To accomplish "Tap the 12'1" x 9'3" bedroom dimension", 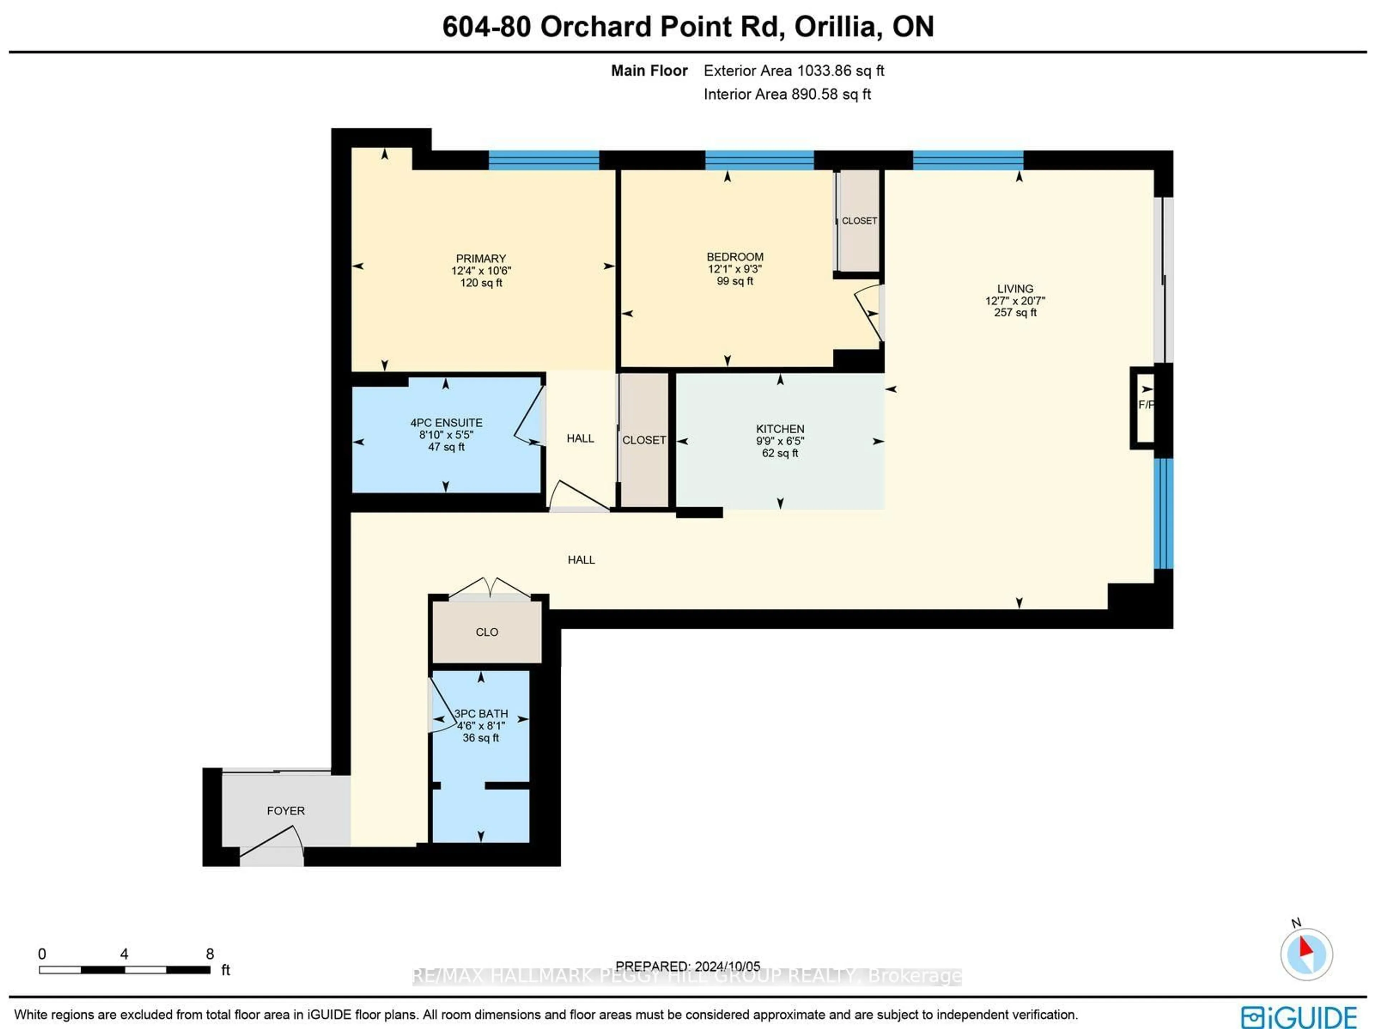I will (x=735, y=269).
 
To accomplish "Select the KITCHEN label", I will (x=780, y=429).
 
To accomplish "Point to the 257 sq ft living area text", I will (x=1015, y=312).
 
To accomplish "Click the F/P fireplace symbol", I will (x=1145, y=405).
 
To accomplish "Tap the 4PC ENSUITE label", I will (x=446, y=423).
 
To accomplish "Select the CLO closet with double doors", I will (x=486, y=632).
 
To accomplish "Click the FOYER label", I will (x=286, y=811).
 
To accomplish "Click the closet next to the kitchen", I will (x=644, y=440).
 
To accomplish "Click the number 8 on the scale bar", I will (x=210, y=954).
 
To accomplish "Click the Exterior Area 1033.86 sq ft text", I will (x=794, y=71).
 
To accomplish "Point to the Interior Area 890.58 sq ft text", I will (x=787, y=94).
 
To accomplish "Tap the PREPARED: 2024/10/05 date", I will (x=688, y=966).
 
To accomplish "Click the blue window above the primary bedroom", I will (x=544, y=160).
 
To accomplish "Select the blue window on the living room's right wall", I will (x=1164, y=513).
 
